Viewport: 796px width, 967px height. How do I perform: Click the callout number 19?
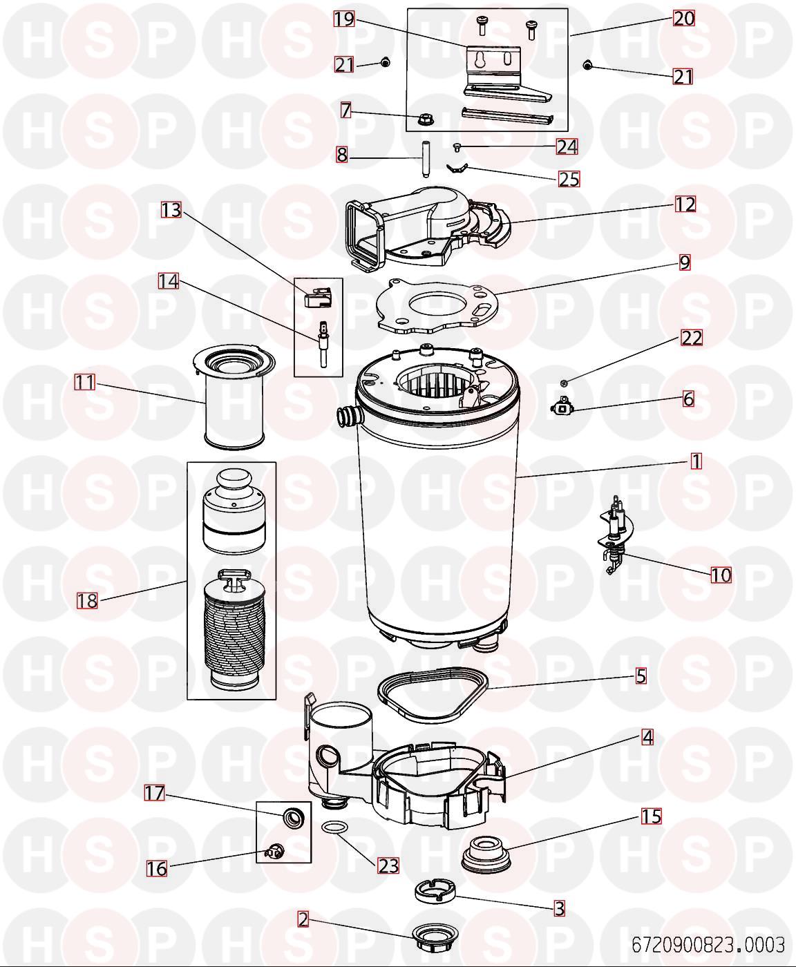[x=344, y=19]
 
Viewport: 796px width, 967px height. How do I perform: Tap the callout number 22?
[x=692, y=338]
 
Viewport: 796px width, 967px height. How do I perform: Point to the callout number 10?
[x=721, y=575]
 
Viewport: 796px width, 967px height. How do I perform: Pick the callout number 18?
[x=87, y=600]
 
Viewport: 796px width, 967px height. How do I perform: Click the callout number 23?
[x=388, y=865]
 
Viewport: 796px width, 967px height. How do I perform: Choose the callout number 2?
[x=303, y=919]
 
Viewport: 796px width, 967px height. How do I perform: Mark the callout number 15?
[x=651, y=816]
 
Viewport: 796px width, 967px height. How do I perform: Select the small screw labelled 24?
[x=457, y=146]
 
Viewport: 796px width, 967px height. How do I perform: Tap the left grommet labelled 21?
[x=385, y=63]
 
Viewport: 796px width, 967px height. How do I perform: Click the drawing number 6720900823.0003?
[x=708, y=944]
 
